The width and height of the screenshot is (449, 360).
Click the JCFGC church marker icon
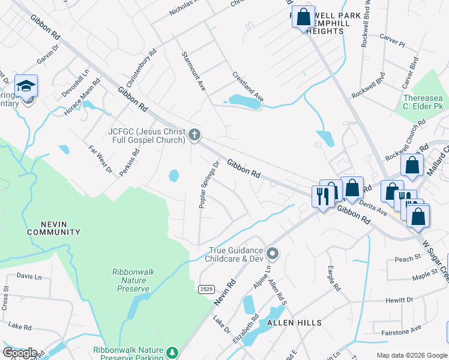click(x=194, y=135)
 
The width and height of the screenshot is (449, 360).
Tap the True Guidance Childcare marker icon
click(x=273, y=254)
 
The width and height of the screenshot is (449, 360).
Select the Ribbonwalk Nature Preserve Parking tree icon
click(x=173, y=352)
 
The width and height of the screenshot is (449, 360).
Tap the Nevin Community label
click(x=54, y=228)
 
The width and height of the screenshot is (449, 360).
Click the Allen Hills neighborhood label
click(x=294, y=323)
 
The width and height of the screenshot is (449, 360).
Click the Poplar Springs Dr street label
click(x=209, y=184)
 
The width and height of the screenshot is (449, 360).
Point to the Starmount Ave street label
click(x=194, y=71)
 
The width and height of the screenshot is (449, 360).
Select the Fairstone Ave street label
click(x=402, y=330)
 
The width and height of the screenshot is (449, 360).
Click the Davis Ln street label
click(x=29, y=276)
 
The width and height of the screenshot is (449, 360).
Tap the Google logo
click(x=20, y=352)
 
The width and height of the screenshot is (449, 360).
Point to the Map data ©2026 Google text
click(x=412, y=355)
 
